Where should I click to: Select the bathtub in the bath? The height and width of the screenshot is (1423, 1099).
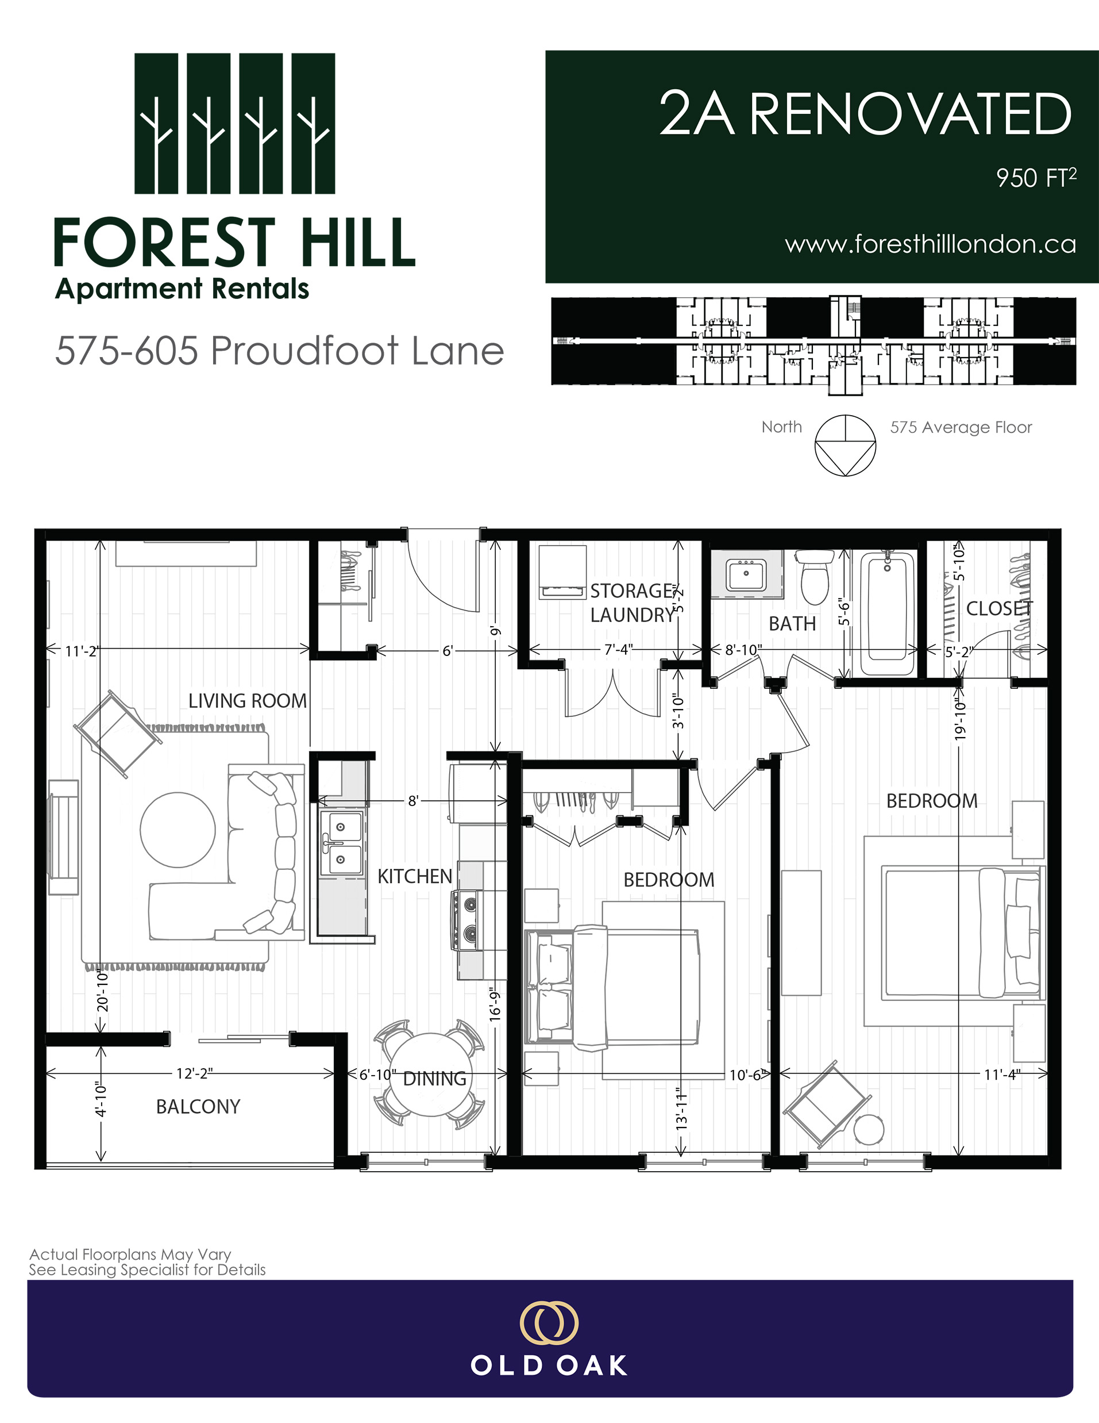pos(888,612)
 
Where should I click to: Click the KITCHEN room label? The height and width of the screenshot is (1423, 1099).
pos(415,876)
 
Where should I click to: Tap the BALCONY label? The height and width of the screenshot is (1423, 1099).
pos(198,1106)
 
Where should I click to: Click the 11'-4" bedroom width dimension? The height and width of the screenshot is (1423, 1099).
pos(1001,1075)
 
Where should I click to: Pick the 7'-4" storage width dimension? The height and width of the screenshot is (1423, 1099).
pos(618,650)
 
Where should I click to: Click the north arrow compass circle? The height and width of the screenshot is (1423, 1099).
pos(845,446)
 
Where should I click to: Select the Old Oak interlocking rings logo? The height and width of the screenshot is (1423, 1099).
pos(549,1322)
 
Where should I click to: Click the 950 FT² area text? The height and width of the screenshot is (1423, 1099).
pos(1035,177)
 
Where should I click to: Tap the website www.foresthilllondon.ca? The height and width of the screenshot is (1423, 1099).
pos(930,244)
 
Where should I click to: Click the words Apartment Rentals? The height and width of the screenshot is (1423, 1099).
pos(182,289)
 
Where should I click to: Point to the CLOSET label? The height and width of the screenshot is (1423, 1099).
pos(998,608)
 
